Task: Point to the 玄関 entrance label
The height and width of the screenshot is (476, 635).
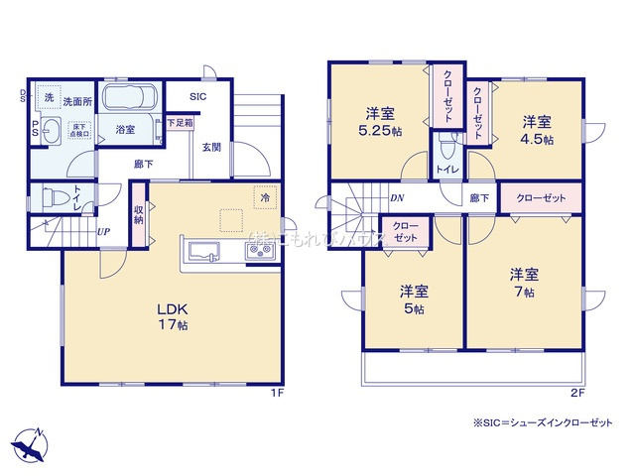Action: [x=211, y=147]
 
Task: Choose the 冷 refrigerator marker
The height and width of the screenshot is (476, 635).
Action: [x=265, y=196]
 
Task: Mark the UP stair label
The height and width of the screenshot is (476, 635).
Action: [x=102, y=234]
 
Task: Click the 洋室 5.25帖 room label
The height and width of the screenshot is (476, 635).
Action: [x=382, y=121]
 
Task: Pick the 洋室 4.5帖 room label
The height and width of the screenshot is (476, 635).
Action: [x=538, y=130]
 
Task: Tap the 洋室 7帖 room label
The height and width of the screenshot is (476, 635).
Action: [x=524, y=283]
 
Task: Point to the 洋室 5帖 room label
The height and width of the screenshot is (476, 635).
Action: [x=414, y=298]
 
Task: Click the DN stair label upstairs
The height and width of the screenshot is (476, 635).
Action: [x=396, y=197]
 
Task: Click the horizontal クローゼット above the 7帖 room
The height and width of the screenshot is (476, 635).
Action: [x=541, y=198]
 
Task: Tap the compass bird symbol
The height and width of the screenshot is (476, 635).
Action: [x=30, y=443]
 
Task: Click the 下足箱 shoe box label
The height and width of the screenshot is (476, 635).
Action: [x=180, y=123]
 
